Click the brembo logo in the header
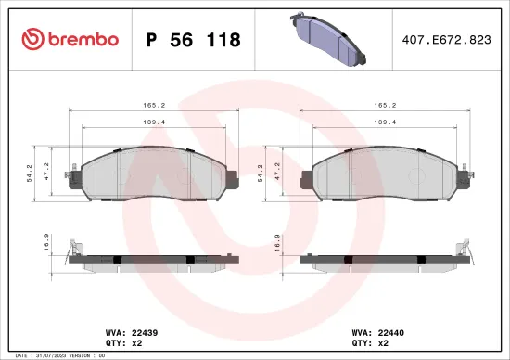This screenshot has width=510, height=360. pos(70,39)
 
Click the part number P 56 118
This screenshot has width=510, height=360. pos(194,40)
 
